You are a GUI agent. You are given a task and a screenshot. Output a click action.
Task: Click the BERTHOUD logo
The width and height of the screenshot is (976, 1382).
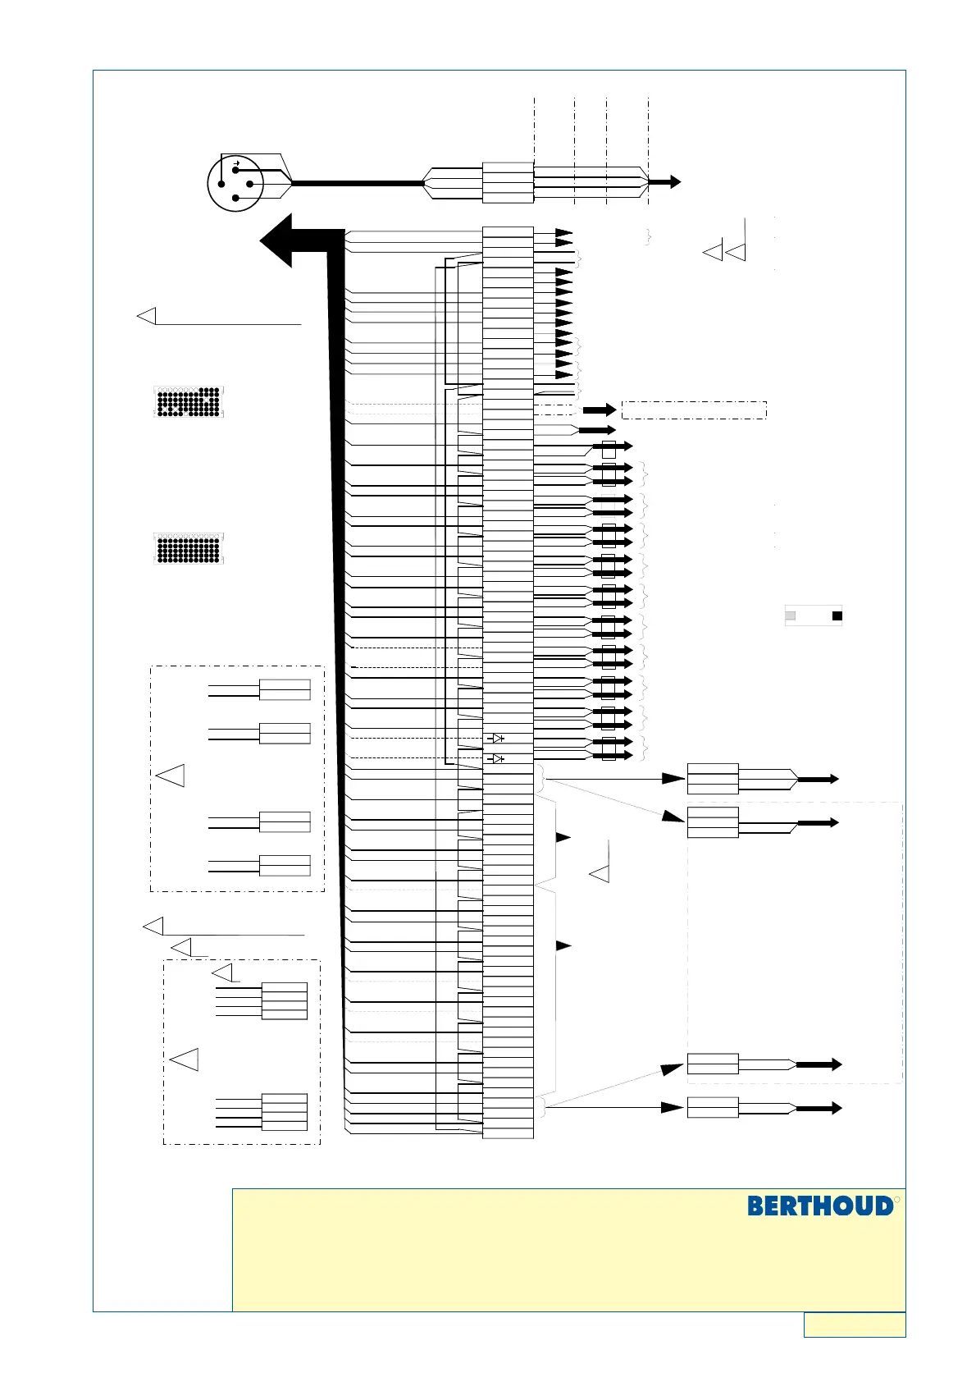click(820, 1206)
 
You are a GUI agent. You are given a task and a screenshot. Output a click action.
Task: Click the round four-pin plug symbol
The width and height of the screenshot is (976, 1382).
click(235, 183)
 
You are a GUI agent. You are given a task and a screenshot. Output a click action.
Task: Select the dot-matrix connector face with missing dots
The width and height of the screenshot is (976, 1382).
click(188, 402)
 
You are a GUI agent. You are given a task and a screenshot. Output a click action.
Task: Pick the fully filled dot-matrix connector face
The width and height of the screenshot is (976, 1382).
click(188, 549)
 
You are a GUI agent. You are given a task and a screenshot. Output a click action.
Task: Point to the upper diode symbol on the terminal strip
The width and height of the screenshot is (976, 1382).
click(496, 739)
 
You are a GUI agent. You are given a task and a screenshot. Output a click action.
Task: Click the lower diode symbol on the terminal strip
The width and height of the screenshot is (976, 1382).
click(496, 758)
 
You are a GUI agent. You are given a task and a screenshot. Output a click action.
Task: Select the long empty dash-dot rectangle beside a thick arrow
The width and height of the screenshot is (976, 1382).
click(694, 410)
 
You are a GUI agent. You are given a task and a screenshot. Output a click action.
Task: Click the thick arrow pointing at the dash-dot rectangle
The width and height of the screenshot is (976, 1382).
click(600, 410)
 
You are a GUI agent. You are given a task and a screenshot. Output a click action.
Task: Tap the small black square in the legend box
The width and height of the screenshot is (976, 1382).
click(837, 615)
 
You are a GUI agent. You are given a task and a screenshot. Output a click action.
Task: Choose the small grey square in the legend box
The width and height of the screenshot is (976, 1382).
click(791, 615)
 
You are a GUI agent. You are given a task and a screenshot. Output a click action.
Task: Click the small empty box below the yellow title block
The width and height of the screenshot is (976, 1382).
click(855, 1325)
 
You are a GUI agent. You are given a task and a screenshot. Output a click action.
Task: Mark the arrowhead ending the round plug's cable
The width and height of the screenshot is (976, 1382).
click(673, 182)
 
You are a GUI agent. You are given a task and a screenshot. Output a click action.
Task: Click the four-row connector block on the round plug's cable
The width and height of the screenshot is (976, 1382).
click(508, 182)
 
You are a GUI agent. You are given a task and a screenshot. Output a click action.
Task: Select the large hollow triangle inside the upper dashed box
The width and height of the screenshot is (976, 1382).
click(171, 776)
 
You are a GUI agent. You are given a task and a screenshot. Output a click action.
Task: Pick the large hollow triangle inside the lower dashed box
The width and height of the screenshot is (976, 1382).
click(185, 1059)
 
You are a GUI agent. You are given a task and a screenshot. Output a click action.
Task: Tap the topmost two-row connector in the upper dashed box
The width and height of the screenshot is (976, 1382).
click(285, 689)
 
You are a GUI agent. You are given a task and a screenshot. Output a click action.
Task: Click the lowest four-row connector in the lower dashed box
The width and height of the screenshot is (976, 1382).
click(284, 1112)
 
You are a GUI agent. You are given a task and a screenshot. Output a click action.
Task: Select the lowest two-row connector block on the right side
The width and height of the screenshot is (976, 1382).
click(712, 1107)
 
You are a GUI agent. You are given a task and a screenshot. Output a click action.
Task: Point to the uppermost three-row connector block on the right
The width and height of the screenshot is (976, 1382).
click(712, 779)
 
